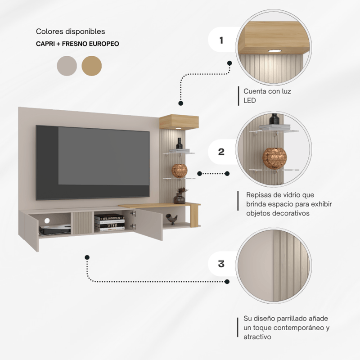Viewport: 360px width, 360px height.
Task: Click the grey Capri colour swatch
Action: click(x=67, y=66)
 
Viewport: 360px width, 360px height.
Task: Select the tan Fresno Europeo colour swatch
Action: click(x=92, y=66)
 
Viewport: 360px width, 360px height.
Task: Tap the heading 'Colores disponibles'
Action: click(x=70, y=32)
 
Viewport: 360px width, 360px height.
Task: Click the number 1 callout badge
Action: click(x=221, y=40)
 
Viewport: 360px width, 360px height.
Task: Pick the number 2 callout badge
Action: click(x=221, y=152)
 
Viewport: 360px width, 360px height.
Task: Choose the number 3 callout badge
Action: click(x=221, y=264)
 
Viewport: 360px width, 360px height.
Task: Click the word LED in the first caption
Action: click(x=250, y=101)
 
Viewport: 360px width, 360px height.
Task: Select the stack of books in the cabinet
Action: click(x=109, y=222)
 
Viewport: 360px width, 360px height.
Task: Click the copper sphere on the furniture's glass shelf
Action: click(x=179, y=171)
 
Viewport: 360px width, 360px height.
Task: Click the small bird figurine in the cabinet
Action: click(x=172, y=219)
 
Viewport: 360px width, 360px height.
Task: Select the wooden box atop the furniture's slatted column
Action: click(x=179, y=121)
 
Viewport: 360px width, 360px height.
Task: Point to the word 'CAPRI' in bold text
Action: click(x=46, y=45)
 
